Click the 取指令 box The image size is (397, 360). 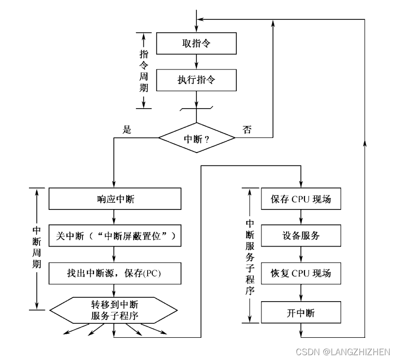pyautogui.click(x=197, y=43)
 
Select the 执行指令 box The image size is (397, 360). pyautogui.click(x=197, y=80)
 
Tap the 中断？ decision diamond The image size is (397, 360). pyautogui.click(x=197, y=138)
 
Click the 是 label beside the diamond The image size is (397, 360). pyautogui.click(x=127, y=130)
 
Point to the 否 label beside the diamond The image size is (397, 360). pyautogui.click(x=247, y=130)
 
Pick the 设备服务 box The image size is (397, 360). pyautogui.click(x=301, y=236)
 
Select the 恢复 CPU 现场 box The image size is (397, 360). pyautogui.click(x=301, y=274)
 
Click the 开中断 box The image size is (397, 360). pyautogui.click(x=301, y=313)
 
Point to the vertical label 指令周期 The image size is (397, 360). pyautogui.click(x=144, y=70)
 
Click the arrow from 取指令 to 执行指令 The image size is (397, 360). pyautogui.click(x=197, y=62)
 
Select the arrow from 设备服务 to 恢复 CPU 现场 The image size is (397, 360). pyautogui.click(x=301, y=255)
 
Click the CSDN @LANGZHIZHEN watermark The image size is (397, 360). pyautogui.click(x=343, y=351)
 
